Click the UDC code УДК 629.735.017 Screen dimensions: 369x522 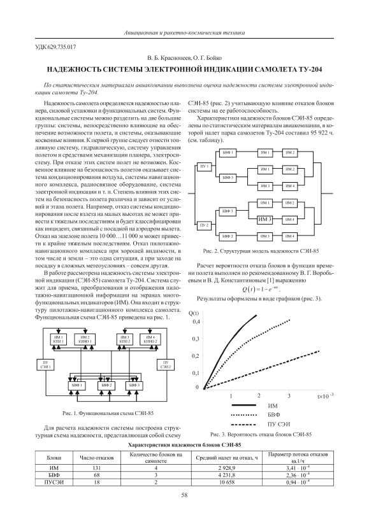[55, 47]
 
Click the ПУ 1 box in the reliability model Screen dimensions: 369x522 [205, 166]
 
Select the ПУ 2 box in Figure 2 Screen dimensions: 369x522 [205, 225]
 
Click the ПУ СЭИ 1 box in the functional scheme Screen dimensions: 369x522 [45, 365]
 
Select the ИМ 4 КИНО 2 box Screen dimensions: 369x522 [150, 339]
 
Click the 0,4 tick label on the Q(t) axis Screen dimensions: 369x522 [196, 321]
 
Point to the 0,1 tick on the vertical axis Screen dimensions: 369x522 [196, 372]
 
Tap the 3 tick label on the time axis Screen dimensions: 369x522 [289, 395]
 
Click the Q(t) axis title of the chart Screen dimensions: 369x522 [194, 313]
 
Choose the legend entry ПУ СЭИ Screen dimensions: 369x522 [279, 424]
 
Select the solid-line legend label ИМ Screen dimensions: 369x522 [272, 406]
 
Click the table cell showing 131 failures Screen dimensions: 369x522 [96, 468]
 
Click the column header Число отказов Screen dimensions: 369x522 [96, 458]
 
